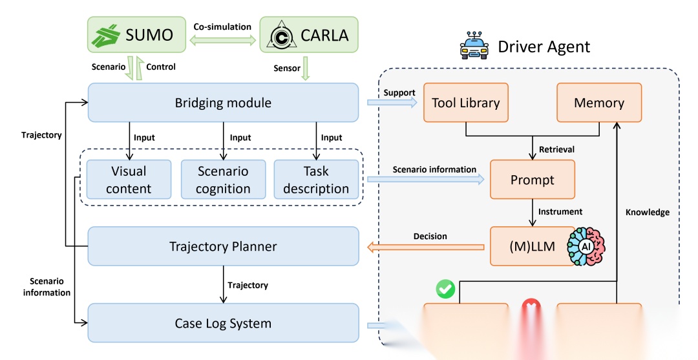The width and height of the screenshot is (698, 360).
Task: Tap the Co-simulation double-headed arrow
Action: pyautogui.click(x=222, y=40)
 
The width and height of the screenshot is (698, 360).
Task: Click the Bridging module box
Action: pyautogui.click(x=223, y=102)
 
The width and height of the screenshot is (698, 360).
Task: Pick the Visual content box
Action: pyautogui.click(x=129, y=180)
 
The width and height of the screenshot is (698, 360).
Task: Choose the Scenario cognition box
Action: pyautogui.click(x=223, y=180)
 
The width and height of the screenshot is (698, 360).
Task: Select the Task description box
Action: pyautogui.click(x=316, y=180)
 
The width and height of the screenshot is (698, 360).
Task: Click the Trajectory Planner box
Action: pyautogui.click(x=223, y=246)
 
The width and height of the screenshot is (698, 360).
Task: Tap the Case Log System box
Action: pyautogui.click(x=223, y=323)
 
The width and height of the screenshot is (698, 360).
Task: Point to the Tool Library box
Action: pyautogui.click(x=465, y=102)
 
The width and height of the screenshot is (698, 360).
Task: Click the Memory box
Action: pyautogui.click(x=599, y=102)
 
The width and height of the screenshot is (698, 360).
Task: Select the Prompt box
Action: pyautogui.click(x=532, y=179)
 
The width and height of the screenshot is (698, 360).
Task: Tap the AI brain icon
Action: pyautogui.click(x=585, y=246)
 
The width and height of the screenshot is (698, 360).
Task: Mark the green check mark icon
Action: pyautogui.click(x=445, y=289)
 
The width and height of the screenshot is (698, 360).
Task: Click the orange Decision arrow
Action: pyautogui.click(x=427, y=246)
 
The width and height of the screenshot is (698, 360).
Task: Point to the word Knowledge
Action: pyautogui.click(x=647, y=212)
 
